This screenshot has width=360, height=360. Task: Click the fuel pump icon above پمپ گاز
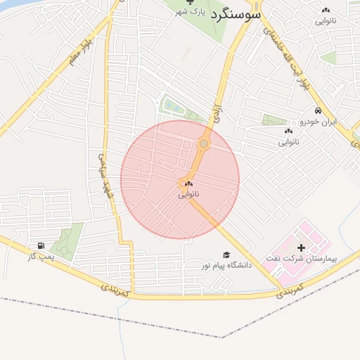click(40, 246)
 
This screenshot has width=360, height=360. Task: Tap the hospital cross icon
click(302, 247)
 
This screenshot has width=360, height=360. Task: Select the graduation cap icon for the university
click(226, 255)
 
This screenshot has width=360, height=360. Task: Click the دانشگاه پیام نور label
click(225, 265)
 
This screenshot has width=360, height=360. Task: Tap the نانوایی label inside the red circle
click(188, 193)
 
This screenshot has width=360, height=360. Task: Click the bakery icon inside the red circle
click(188, 183)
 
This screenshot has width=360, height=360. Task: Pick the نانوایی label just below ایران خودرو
click(288, 142)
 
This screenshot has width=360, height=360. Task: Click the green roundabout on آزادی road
click(204, 143)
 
